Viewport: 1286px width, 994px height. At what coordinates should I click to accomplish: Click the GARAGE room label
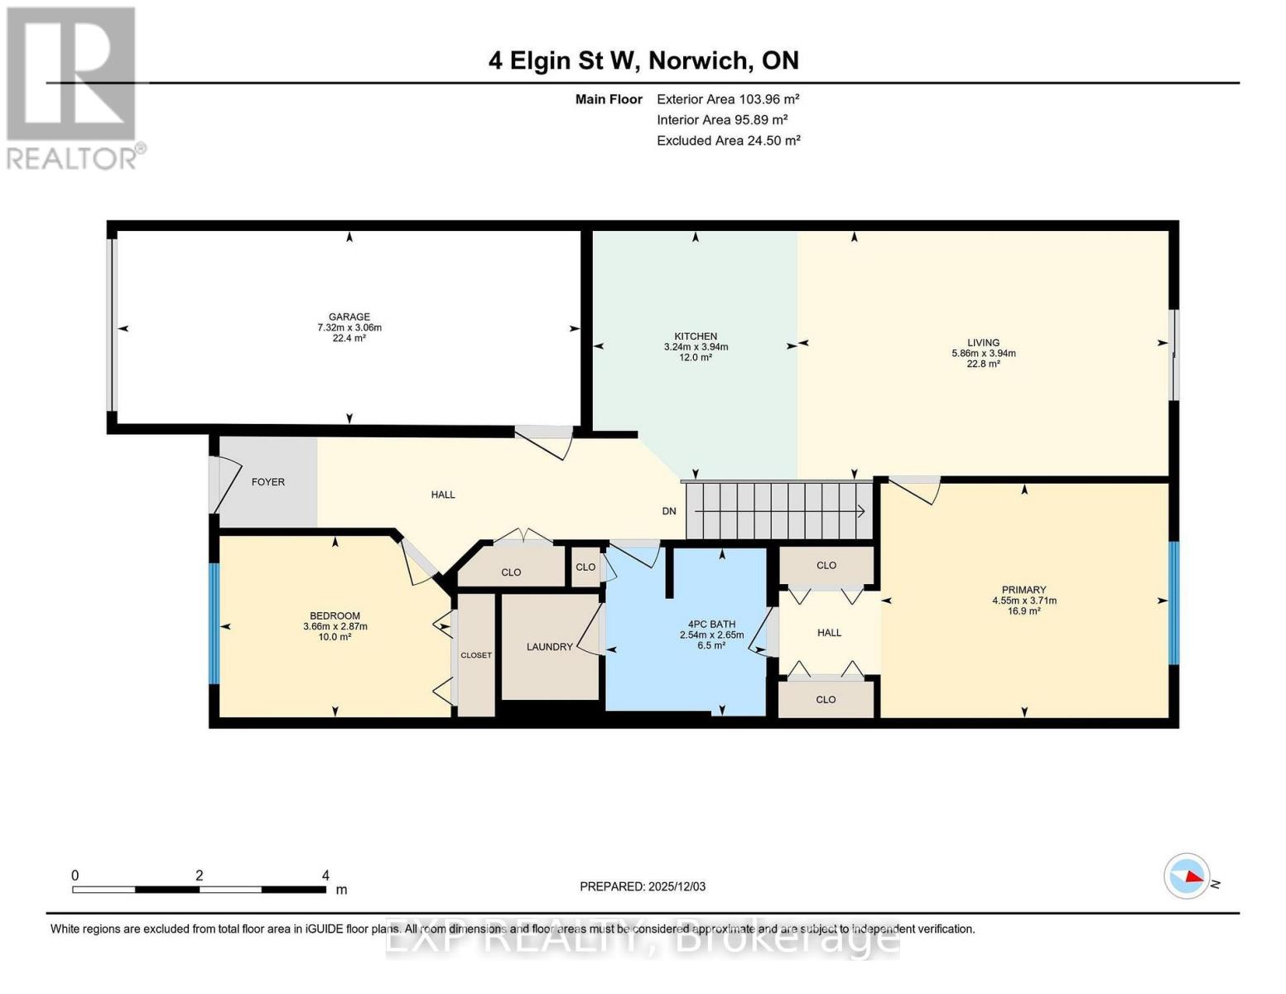pyautogui.click(x=349, y=316)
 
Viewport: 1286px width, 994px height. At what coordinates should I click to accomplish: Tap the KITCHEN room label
pyautogui.click(x=696, y=336)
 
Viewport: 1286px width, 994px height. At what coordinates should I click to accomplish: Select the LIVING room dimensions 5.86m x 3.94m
pyautogui.click(x=983, y=353)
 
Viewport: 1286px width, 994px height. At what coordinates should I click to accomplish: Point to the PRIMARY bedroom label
pyautogui.click(x=1024, y=590)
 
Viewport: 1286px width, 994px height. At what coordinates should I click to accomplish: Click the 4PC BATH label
pyautogui.click(x=711, y=625)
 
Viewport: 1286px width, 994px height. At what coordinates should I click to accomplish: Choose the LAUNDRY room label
pyautogui.click(x=549, y=647)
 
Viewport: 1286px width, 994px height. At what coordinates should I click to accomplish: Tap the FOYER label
pyautogui.click(x=267, y=482)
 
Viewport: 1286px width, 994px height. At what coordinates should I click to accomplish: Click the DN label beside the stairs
pyautogui.click(x=669, y=511)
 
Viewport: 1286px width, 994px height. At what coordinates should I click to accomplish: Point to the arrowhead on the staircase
pyautogui.click(x=862, y=511)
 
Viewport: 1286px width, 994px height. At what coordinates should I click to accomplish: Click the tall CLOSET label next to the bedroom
pyautogui.click(x=476, y=655)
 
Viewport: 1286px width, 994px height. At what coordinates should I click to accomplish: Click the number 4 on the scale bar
pyautogui.click(x=325, y=876)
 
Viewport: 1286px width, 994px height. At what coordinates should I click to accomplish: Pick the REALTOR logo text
pyautogui.click(x=75, y=157)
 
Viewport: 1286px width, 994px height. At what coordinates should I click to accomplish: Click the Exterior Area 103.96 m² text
pyautogui.click(x=727, y=99)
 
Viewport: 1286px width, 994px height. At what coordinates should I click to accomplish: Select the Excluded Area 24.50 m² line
pyautogui.click(x=728, y=141)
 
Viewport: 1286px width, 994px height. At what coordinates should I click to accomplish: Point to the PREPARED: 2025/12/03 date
pyautogui.click(x=642, y=886)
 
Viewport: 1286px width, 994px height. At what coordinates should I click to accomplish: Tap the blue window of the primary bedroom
pyautogui.click(x=1173, y=602)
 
